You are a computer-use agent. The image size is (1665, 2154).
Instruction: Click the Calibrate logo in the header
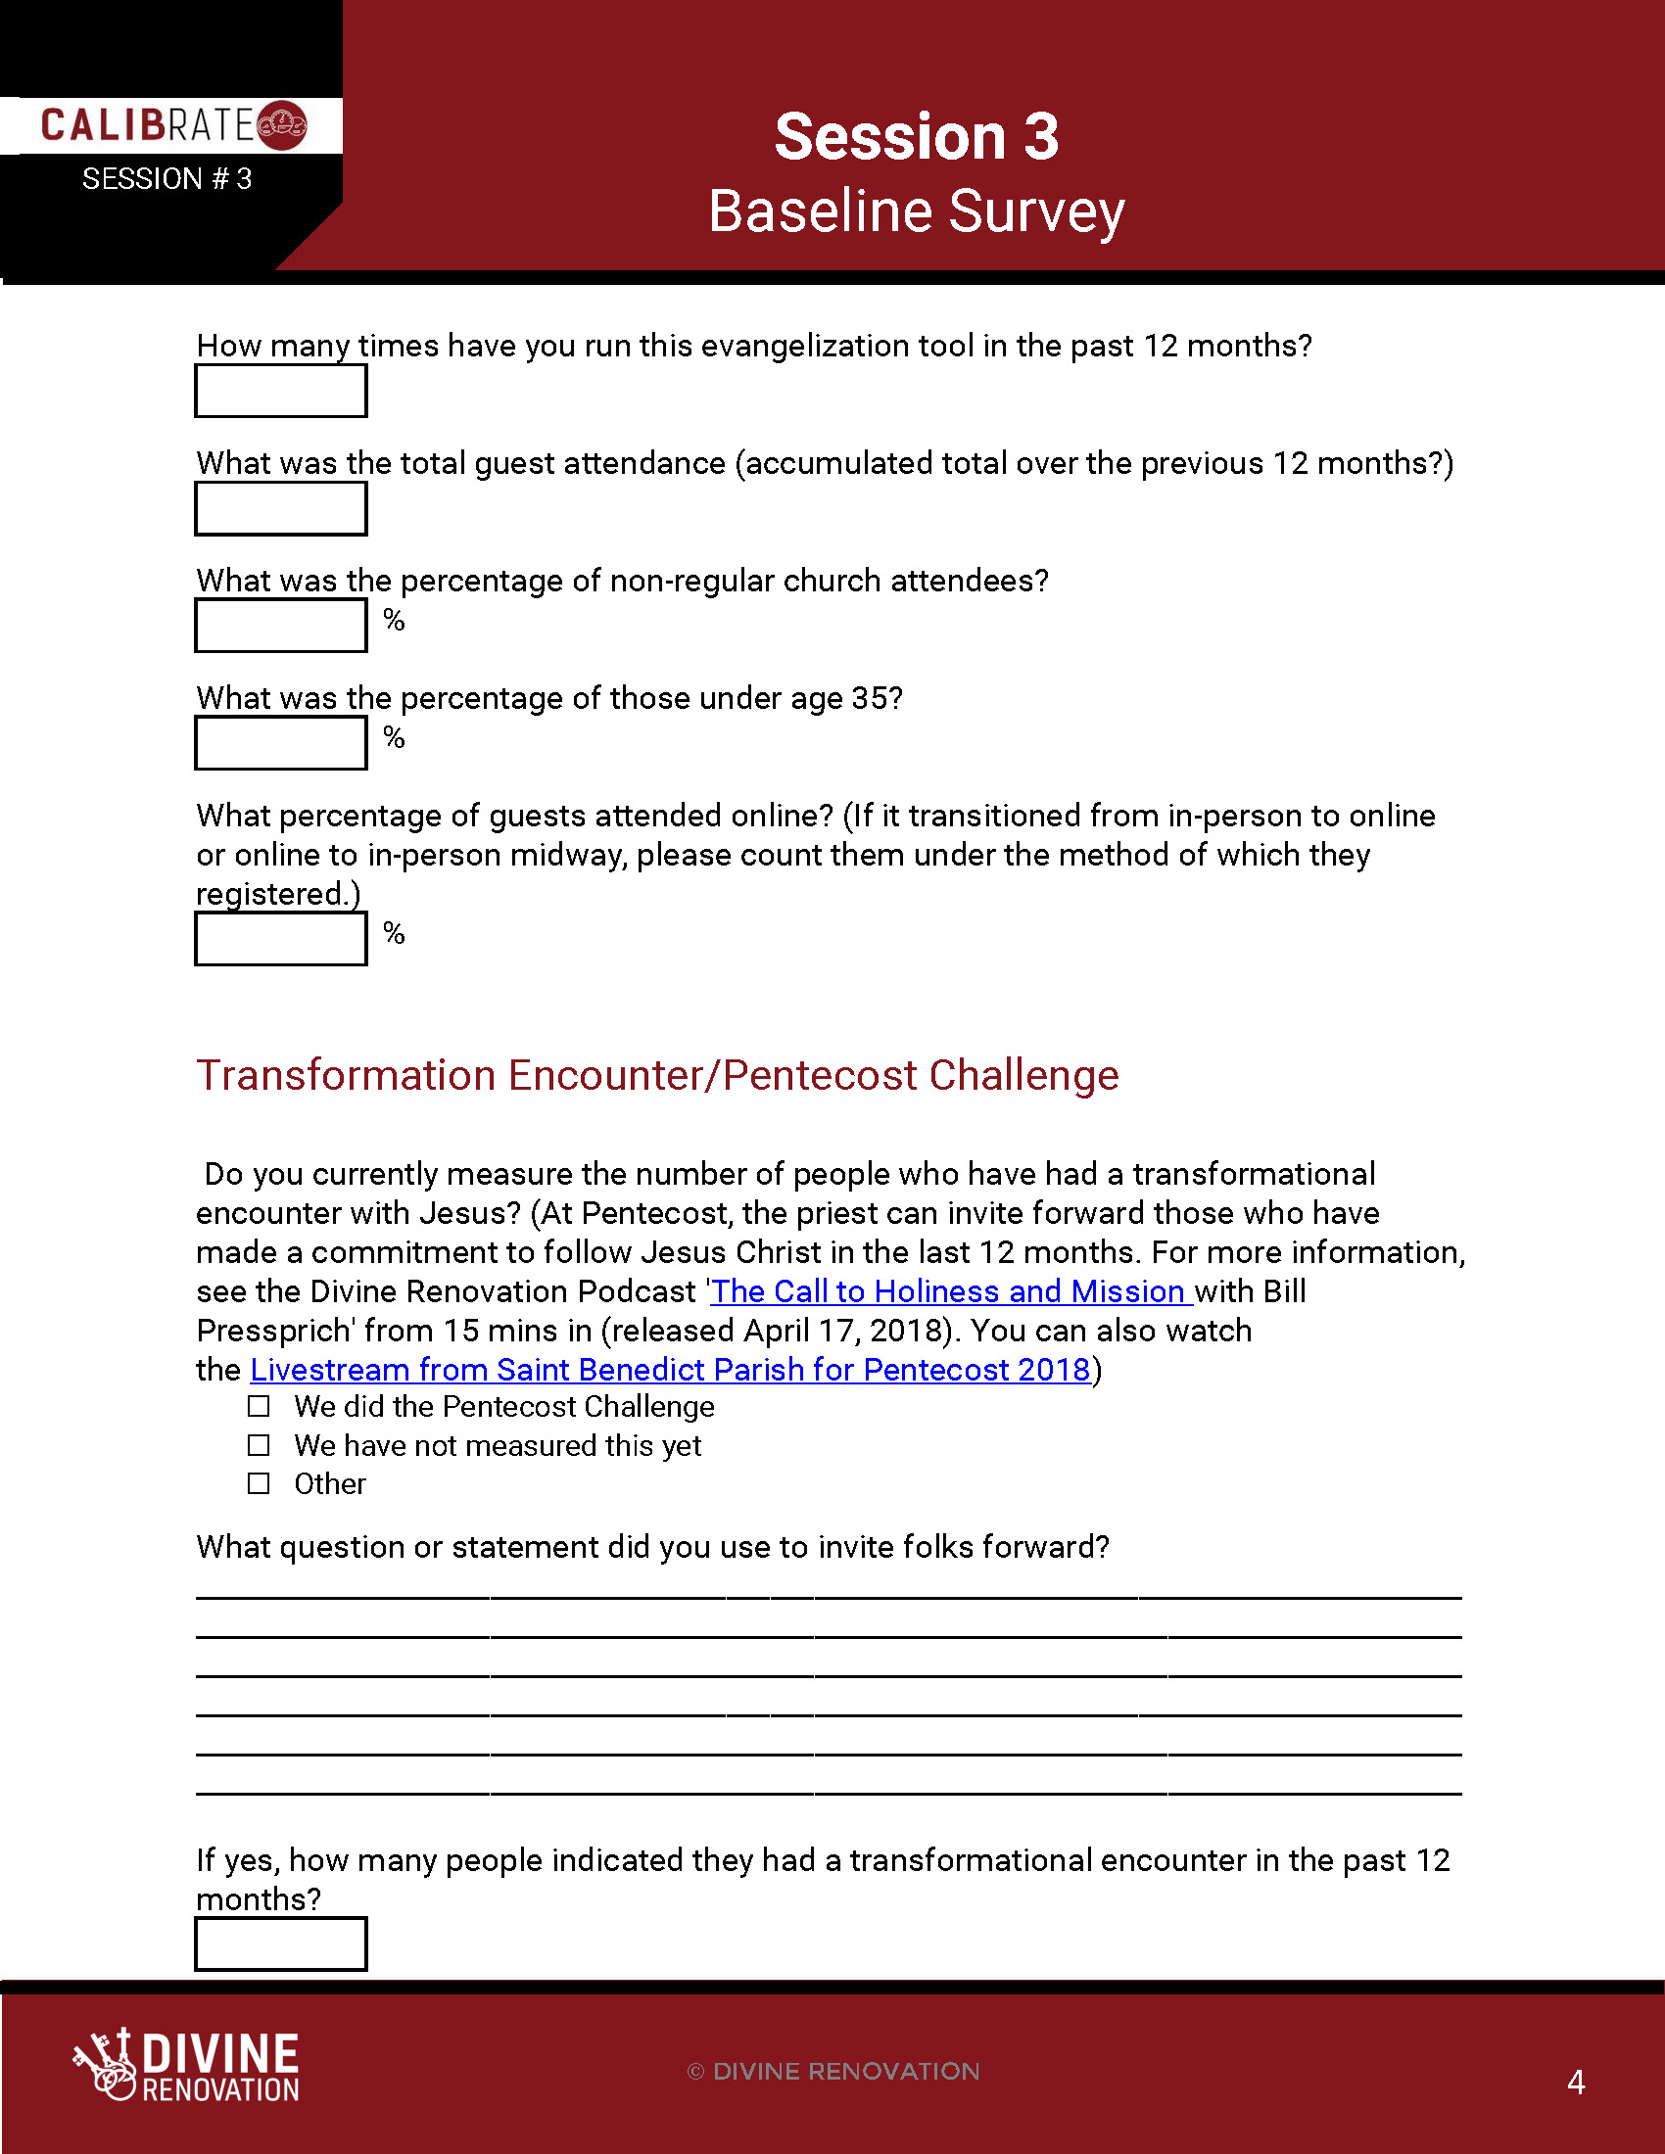(x=173, y=125)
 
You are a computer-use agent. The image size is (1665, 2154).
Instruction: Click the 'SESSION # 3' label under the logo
(x=166, y=178)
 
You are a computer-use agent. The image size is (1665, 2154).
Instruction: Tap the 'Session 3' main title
(x=916, y=136)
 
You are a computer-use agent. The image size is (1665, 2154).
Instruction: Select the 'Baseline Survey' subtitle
(x=916, y=211)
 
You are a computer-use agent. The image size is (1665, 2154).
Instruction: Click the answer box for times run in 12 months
(x=281, y=391)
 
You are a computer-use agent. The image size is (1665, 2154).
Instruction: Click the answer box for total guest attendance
(x=281, y=508)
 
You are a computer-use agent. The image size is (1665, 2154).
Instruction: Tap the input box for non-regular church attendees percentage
(x=281, y=626)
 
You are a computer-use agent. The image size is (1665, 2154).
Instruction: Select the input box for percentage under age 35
(x=281, y=743)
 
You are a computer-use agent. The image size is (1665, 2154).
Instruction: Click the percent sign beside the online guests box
(x=395, y=933)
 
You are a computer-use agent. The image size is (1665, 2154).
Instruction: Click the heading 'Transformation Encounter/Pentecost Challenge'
(x=657, y=1075)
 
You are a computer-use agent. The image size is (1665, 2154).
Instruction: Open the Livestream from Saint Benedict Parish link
(x=671, y=1369)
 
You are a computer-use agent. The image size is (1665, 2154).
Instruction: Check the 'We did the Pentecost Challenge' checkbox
(x=259, y=1405)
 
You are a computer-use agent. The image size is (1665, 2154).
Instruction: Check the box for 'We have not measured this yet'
(x=259, y=1445)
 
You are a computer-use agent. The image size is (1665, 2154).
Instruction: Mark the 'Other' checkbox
(x=259, y=1483)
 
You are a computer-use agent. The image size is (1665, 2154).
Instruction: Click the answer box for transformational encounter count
(x=281, y=1943)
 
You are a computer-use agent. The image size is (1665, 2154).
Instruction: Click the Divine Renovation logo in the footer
(x=186, y=2064)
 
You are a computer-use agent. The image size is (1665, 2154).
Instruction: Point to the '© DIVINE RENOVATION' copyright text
(x=833, y=2071)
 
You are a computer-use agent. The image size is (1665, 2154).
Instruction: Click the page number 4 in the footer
(x=1576, y=2082)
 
